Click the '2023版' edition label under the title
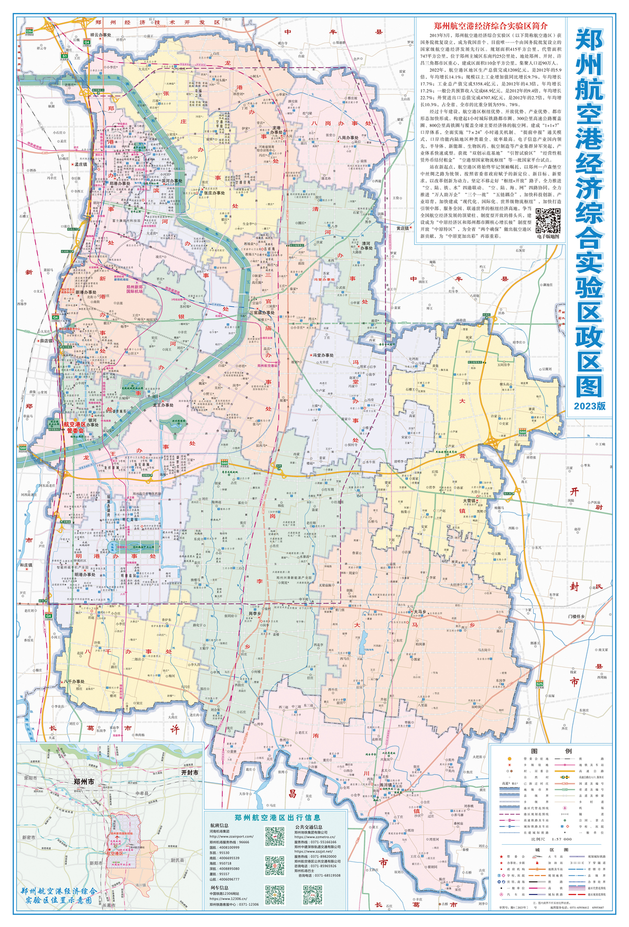[x=589, y=406]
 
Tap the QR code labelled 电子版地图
[x=548, y=221]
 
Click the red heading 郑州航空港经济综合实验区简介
[x=491, y=26]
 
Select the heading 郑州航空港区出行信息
[x=277, y=817]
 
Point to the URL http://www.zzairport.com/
[x=231, y=836]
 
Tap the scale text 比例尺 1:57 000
[x=544, y=839]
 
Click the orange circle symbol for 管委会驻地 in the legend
[x=508, y=758]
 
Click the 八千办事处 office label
[x=74, y=682]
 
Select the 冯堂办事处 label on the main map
[x=323, y=355]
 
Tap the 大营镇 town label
[x=469, y=500]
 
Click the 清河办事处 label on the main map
[x=365, y=246]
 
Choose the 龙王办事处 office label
[x=163, y=405]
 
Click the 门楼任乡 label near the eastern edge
[x=577, y=616]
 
